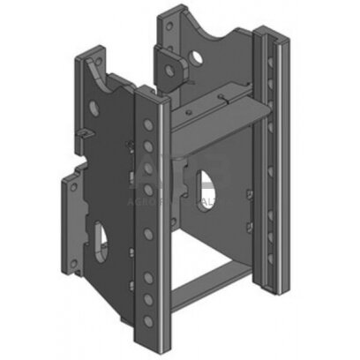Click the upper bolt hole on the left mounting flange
click(x=70, y=184)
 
